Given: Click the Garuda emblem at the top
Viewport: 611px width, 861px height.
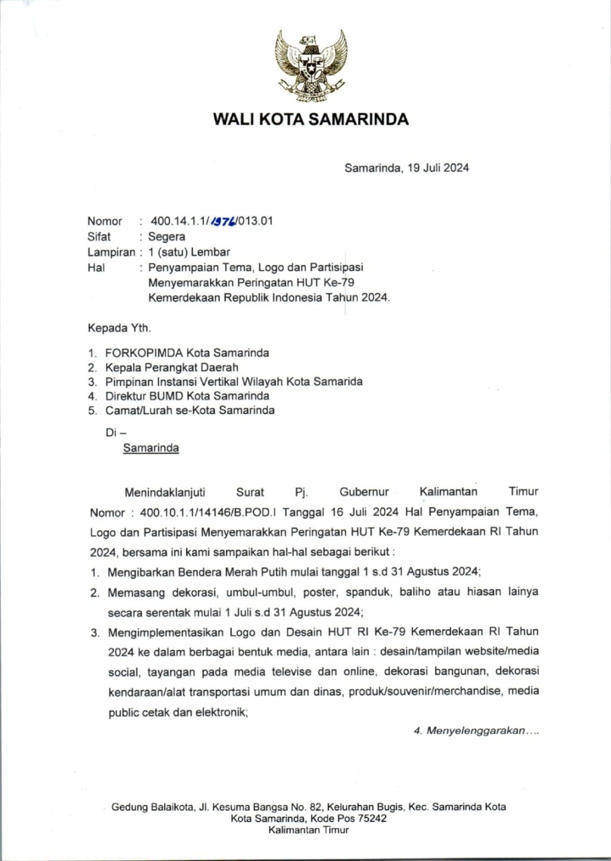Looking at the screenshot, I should coord(311,64).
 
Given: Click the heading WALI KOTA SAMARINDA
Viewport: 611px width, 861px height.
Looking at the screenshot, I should coord(311,119).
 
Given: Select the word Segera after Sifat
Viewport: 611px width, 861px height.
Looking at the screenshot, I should coord(166,237).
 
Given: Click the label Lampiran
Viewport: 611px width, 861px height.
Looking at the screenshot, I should coord(111,252).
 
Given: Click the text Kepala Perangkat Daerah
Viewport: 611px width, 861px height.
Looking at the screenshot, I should coord(172,367).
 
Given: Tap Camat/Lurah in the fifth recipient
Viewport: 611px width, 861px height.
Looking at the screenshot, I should coord(139,410).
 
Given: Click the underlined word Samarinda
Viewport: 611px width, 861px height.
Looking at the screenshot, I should coord(151,448).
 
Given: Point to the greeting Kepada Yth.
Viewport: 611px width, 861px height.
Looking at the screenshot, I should coord(119,328).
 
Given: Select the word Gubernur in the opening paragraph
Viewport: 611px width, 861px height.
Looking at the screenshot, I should coord(364,492).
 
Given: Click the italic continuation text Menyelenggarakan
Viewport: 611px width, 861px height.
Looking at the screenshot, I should coord(475,730).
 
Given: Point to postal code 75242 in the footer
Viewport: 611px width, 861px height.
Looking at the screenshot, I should coord(372,819).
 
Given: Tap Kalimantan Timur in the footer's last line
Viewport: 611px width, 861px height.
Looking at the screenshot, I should coord(308,830).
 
